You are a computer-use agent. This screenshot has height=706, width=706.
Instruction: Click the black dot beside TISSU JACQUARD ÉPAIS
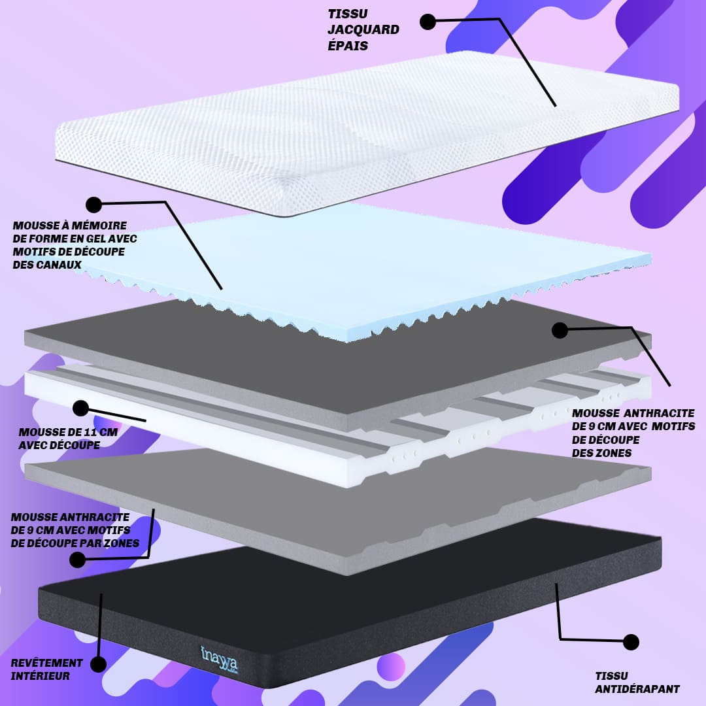point(428,22)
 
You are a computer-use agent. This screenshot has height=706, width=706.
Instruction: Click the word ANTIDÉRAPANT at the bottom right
point(637,688)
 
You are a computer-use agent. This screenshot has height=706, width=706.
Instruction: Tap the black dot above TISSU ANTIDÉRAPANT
point(631,642)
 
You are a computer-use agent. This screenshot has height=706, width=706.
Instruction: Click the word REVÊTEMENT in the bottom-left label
point(47,663)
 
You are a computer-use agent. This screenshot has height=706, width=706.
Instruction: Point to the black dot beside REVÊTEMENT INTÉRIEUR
point(98,665)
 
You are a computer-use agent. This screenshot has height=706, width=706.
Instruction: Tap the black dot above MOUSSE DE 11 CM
point(80,409)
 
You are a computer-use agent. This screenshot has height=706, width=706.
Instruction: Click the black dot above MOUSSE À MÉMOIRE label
point(93,205)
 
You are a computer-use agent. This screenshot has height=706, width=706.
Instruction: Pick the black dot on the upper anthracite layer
point(560,330)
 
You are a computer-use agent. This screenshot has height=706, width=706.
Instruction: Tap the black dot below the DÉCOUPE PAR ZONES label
point(77,560)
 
